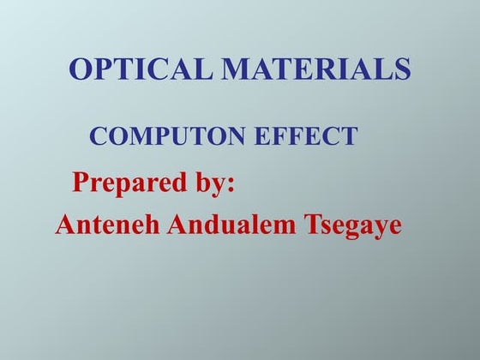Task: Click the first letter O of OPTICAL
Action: (x=81, y=69)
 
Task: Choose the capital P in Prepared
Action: (x=81, y=183)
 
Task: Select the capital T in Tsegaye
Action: (x=309, y=225)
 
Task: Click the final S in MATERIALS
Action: (x=402, y=69)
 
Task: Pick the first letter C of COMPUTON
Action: (x=98, y=135)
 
